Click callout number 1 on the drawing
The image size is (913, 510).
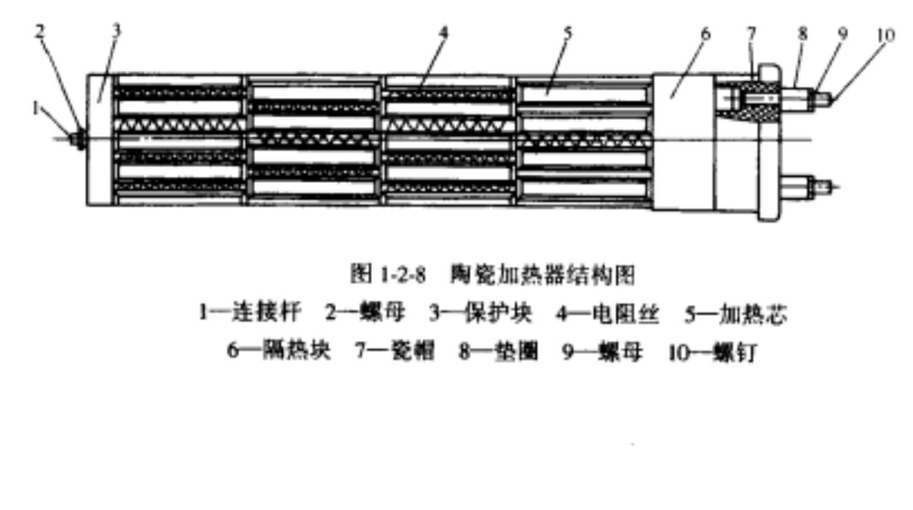click(x=36, y=108)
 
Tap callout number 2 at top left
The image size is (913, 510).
click(x=39, y=31)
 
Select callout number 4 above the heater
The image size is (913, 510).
click(x=443, y=32)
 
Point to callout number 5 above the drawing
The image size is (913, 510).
click(x=568, y=33)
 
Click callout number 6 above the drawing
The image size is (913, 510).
click(x=705, y=34)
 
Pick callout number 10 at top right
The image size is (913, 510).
click(x=886, y=35)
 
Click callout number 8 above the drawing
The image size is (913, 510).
click(x=802, y=34)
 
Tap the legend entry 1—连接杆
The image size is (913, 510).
click(x=250, y=312)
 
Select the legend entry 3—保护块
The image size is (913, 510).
click(x=481, y=313)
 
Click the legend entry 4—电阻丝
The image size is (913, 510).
click(x=607, y=314)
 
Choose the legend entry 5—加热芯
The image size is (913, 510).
click(x=736, y=314)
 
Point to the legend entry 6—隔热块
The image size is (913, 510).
click(x=279, y=350)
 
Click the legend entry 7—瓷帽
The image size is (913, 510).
click(x=395, y=350)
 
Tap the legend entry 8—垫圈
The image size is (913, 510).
click(x=498, y=351)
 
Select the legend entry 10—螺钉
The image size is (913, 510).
click(x=713, y=352)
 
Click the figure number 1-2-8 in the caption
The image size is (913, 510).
click(x=402, y=275)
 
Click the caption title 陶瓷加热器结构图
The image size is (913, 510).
click(x=543, y=275)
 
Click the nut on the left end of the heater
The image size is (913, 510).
click(x=80, y=139)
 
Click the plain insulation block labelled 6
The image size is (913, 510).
click(x=684, y=142)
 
